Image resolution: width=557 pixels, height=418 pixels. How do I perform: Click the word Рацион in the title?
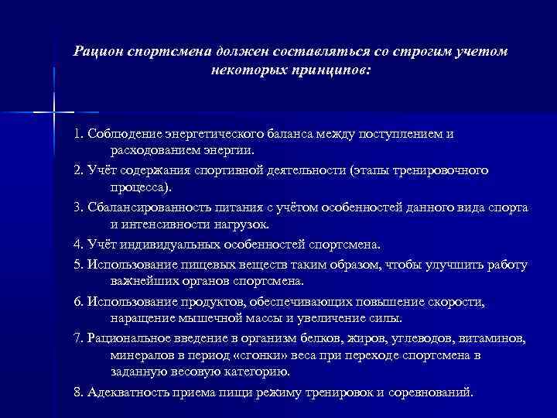pos(97,51)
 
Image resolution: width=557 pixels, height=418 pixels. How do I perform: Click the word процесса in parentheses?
pos(142,187)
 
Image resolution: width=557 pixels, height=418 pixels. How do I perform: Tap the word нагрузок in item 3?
pos(242,224)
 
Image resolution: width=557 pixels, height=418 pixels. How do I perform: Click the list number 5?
pos(77,265)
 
